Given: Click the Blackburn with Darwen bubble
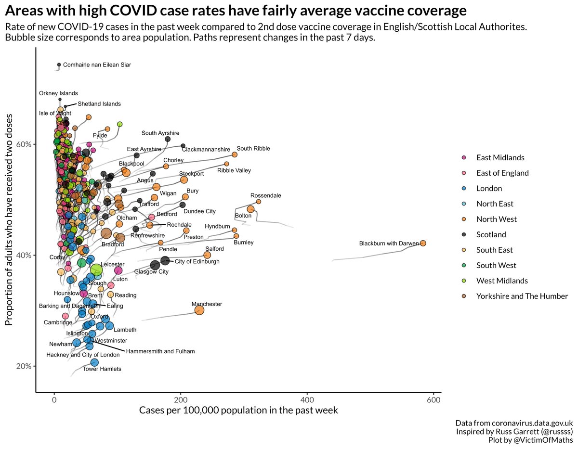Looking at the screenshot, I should [423, 244].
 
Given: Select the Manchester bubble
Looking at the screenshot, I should [199, 310].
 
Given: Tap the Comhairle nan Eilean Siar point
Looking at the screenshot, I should [59, 64].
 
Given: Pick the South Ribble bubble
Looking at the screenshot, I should [235, 154].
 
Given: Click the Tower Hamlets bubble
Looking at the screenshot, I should [94, 362].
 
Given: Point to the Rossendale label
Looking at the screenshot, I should [265, 196].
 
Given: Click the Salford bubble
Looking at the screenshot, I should [207, 255].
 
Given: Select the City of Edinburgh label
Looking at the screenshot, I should [197, 261].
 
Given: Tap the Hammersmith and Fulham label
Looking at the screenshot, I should [160, 351].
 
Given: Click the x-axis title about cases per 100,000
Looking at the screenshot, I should [238, 411].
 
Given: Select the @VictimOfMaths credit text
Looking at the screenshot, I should [543, 440].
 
